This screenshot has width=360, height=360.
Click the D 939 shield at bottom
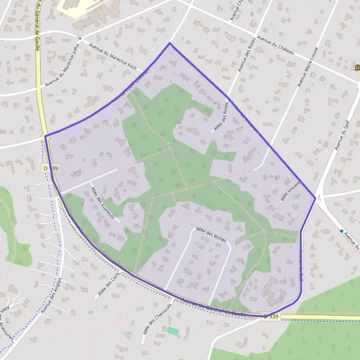pos(271,316)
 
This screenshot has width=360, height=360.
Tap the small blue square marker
pos(341,231)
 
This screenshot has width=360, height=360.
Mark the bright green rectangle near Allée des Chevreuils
pos(173,331)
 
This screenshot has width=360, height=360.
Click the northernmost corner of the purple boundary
pos(170,43)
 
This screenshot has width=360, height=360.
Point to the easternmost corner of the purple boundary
pos(315,197)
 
